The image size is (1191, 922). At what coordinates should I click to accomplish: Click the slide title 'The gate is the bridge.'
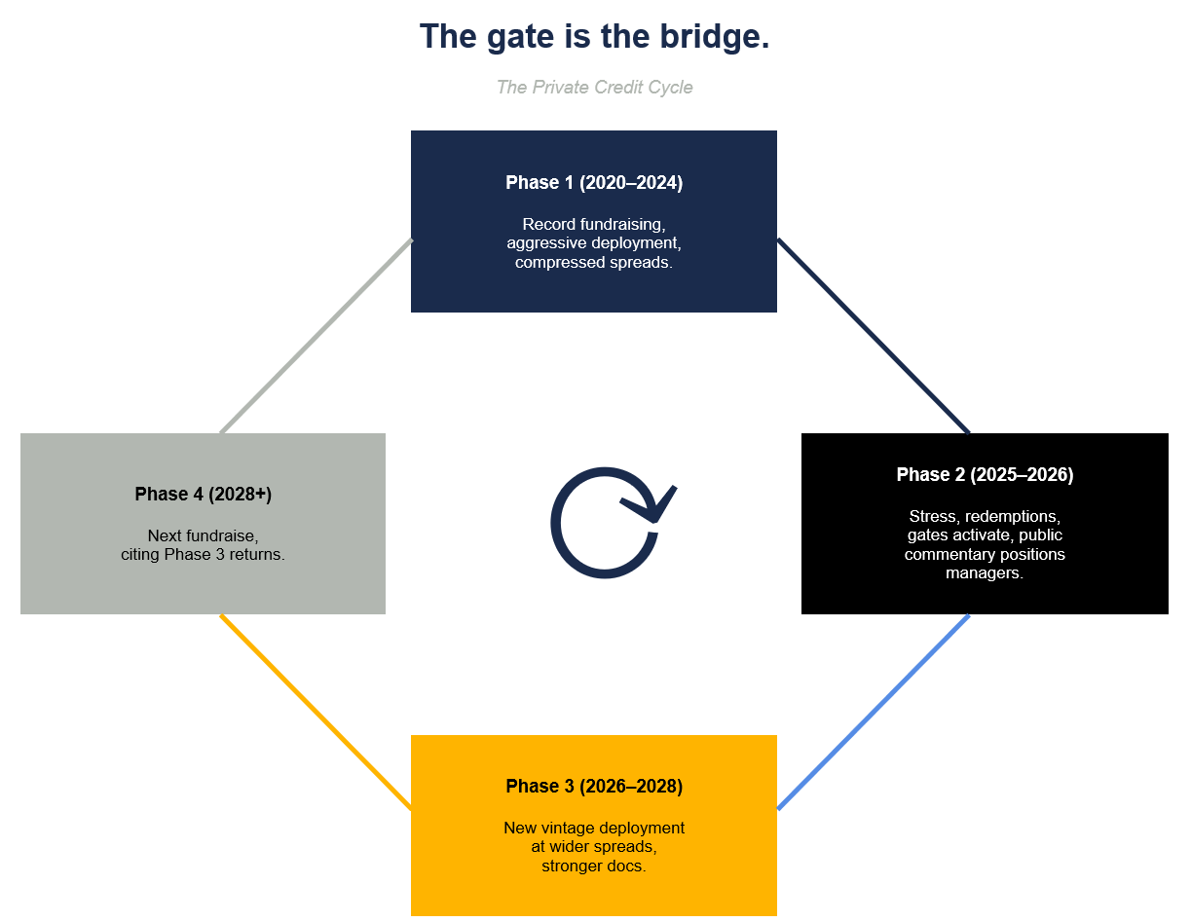click(594, 38)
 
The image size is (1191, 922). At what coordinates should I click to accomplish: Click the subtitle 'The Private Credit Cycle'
click(594, 88)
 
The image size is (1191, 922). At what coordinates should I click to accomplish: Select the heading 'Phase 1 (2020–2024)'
click(594, 183)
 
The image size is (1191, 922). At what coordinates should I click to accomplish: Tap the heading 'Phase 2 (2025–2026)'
click(985, 475)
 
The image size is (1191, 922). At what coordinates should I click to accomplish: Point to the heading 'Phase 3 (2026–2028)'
click(594, 787)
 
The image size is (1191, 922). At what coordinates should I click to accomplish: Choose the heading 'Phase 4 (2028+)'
click(203, 495)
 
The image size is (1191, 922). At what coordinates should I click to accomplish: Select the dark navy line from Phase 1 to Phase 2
click(874, 336)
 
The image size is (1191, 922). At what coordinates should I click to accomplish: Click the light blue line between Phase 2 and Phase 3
click(874, 712)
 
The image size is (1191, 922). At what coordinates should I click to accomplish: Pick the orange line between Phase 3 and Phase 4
click(316, 712)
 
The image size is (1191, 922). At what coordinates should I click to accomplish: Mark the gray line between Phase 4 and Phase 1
click(316, 336)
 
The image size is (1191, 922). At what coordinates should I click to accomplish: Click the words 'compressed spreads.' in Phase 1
click(594, 263)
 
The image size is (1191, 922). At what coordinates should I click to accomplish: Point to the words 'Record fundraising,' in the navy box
click(594, 224)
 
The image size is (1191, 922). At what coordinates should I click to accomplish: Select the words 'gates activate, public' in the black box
click(985, 535)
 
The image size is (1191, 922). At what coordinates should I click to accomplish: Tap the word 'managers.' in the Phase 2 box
click(985, 573)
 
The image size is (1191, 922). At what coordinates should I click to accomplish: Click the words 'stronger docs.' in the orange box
click(594, 866)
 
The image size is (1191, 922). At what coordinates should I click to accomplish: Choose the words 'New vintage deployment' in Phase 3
click(594, 828)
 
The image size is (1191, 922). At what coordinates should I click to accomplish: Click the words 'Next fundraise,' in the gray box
click(203, 535)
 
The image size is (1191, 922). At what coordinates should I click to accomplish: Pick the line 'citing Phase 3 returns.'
click(203, 555)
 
